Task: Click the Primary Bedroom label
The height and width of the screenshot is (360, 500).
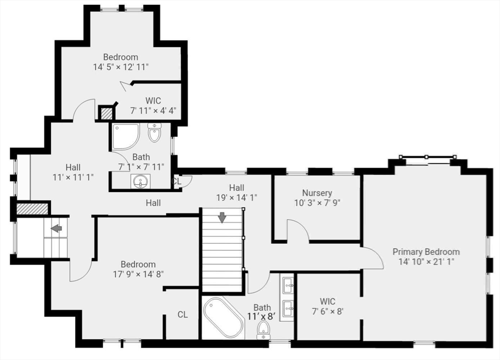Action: tap(426, 252)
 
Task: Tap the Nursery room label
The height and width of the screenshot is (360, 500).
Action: tap(316, 193)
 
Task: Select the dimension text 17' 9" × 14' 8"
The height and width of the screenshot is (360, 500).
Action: tap(138, 274)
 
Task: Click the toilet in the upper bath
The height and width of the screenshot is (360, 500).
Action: tap(154, 133)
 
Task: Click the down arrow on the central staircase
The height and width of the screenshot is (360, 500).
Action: tap(222, 217)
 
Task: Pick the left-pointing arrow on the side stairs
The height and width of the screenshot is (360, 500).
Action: tap(57, 228)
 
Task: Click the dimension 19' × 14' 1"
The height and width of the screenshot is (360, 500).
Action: tap(237, 197)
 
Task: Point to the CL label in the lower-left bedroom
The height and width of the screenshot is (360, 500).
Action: tap(183, 315)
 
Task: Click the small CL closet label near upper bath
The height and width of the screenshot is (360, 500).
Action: tap(177, 181)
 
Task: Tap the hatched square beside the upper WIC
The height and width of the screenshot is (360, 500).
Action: tap(106, 113)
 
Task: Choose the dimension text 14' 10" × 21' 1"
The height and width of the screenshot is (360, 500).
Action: tap(426, 262)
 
